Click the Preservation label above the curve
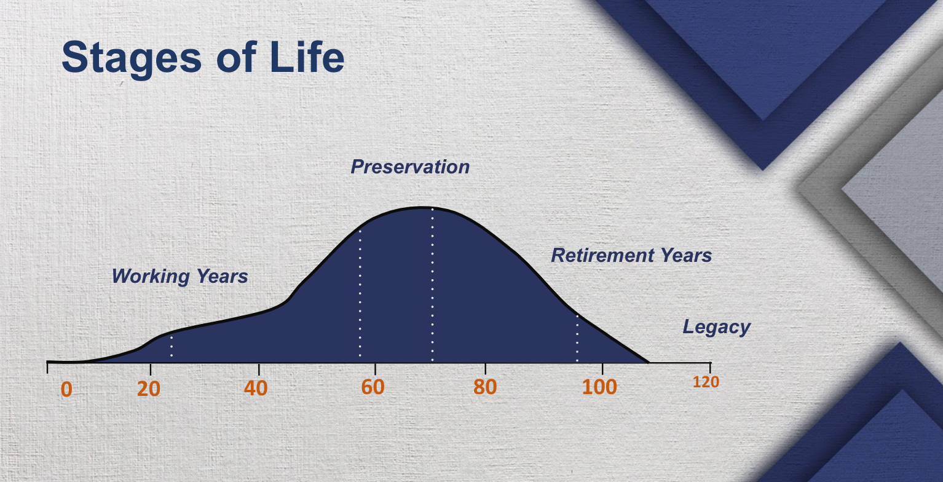(x=410, y=167)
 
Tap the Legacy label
(x=716, y=326)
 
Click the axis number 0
(x=66, y=389)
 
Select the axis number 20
(x=149, y=389)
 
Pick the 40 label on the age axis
(x=256, y=388)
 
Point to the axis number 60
(x=373, y=387)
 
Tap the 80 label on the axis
(x=485, y=387)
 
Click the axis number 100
(x=599, y=387)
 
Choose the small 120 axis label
(x=706, y=382)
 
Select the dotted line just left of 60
(x=360, y=295)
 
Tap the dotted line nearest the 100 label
(x=577, y=338)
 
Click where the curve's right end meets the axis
(x=648, y=362)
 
